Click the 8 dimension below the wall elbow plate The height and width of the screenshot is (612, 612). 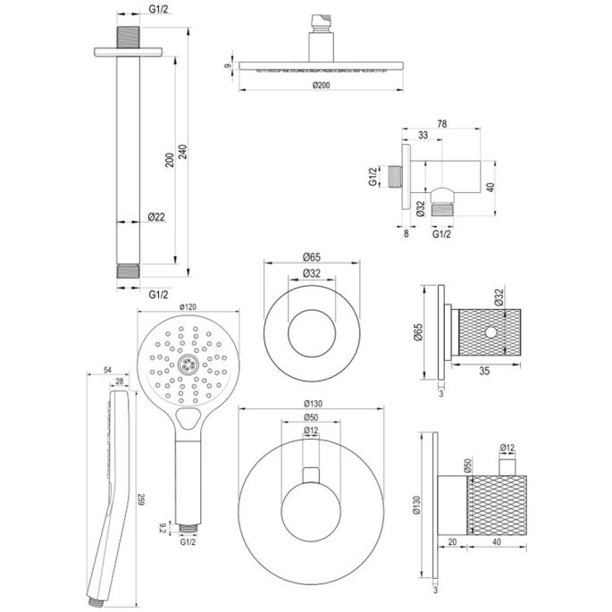tap(406, 234)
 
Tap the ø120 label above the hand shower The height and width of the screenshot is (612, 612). tap(187, 307)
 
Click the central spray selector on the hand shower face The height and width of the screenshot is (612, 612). tap(187, 363)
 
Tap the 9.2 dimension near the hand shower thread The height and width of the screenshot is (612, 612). tap(161, 527)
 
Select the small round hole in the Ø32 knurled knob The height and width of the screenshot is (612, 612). tap(490, 332)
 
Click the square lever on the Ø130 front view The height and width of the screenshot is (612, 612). tap(310, 474)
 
